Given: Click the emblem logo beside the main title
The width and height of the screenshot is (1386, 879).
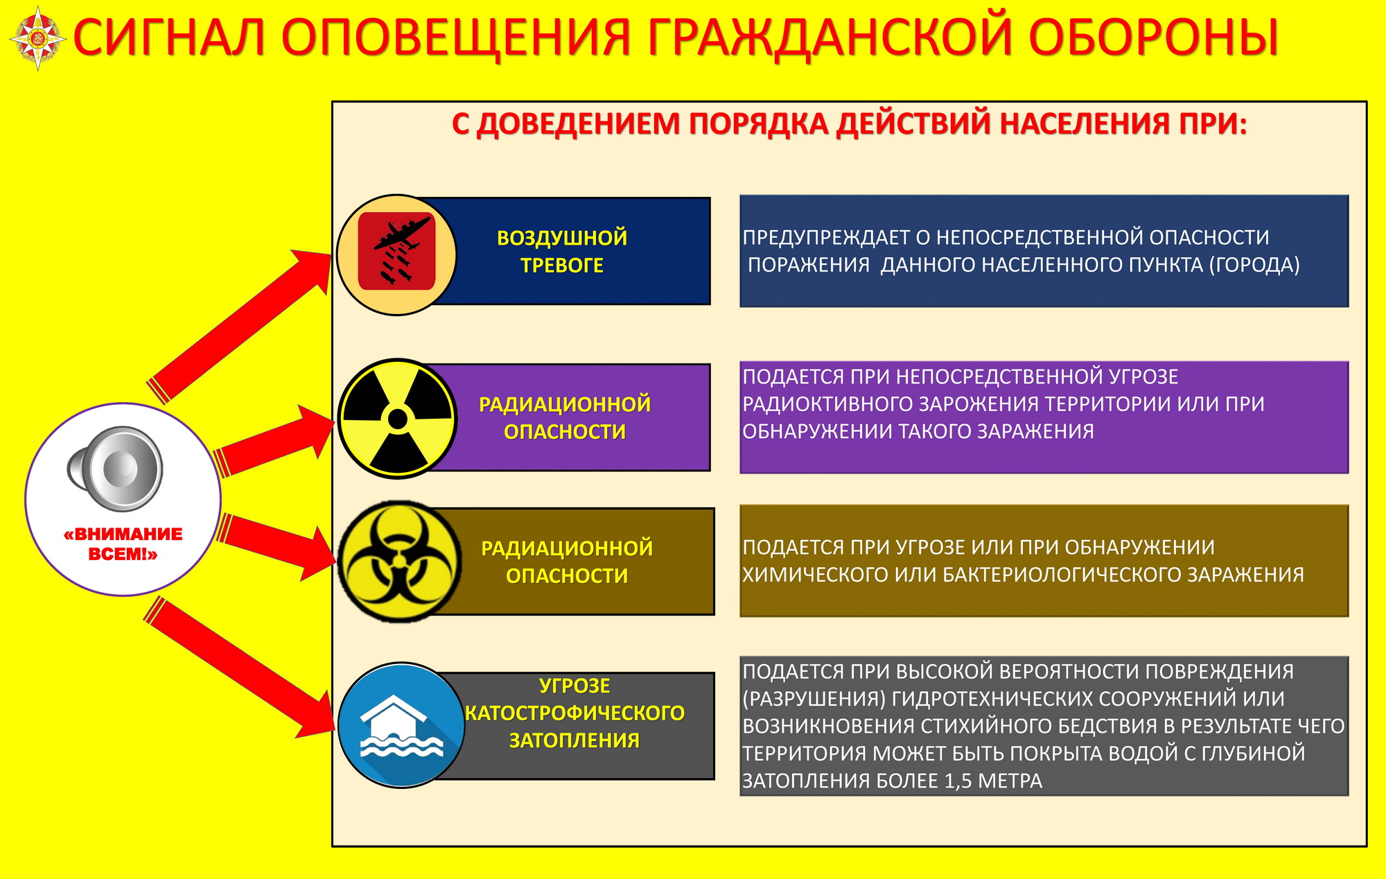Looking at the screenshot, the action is tap(38, 39).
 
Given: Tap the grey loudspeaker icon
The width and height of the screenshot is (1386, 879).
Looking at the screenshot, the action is tap(115, 469).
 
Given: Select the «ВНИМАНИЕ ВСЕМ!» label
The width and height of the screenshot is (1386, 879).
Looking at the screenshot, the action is tap(123, 543).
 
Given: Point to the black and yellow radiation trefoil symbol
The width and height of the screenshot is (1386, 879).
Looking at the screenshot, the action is tap(398, 419).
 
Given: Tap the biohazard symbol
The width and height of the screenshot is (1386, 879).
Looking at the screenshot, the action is tap(398, 562).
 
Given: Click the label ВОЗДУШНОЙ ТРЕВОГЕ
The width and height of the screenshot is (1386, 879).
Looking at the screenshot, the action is tap(562, 251).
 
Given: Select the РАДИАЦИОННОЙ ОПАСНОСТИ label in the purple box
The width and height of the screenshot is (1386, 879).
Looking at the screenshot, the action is tap(565, 417).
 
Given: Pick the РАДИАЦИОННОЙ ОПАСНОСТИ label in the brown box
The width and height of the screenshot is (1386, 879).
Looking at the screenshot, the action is tap(567, 562).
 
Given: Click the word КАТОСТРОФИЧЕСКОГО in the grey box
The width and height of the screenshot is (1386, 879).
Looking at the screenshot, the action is tap(574, 713).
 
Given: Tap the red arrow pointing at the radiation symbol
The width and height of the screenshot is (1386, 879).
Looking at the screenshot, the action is tap(274, 441).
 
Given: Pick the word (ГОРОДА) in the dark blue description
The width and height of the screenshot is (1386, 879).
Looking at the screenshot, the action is tap(1254, 265).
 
